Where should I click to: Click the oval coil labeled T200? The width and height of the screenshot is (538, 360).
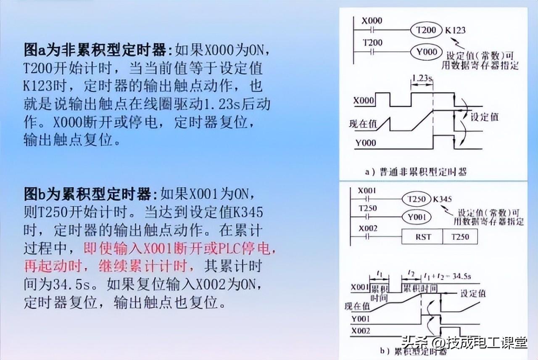click(x=426, y=30)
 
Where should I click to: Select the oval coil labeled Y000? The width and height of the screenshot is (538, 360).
click(x=426, y=52)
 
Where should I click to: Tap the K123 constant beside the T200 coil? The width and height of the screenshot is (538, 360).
click(x=455, y=30)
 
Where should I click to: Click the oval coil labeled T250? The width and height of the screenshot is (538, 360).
click(x=416, y=199)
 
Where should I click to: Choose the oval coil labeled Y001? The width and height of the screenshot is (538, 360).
click(x=416, y=217)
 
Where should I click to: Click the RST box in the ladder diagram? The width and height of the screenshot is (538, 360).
click(x=423, y=237)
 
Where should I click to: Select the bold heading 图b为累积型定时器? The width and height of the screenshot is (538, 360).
click(x=87, y=195)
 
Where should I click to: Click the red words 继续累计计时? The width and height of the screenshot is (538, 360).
click(x=155, y=266)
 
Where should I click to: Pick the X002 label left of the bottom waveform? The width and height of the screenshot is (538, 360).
click(x=361, y=331)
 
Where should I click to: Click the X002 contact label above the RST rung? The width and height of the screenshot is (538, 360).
click(x=367, y=228)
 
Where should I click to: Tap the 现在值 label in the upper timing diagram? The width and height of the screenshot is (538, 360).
click(x=363, y=124)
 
